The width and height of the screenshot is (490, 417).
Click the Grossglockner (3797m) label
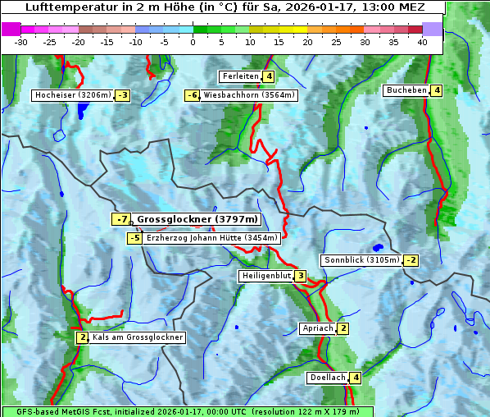pos(197,219)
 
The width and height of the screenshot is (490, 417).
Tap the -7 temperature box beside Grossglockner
pos(121,219)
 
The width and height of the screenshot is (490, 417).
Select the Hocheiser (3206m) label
pos(73,95)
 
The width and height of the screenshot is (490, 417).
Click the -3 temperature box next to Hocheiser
pos(122,95)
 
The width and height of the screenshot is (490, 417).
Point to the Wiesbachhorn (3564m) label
pos(249,95)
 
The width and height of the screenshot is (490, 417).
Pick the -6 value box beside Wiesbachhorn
pos(193,95)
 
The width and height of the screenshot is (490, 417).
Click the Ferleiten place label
pos(240,76)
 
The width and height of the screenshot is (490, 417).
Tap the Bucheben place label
pos(406,90)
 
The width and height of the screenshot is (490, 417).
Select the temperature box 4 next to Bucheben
pos(437,90)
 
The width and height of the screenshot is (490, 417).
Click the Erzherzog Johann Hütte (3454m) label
pos(212,238)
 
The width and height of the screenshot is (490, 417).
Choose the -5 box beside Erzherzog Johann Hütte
pos(134,238)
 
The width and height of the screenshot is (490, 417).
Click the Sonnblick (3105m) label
pos(361,260)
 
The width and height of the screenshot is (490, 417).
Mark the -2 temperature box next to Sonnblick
pos(411,260)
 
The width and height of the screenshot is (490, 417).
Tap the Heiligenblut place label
pos(266,276)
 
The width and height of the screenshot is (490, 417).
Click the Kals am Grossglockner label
pos(137,337)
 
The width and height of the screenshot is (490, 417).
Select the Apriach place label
pos(318,328)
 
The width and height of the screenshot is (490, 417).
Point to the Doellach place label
pos(328,378)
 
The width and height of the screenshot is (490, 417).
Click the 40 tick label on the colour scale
pos(421,42)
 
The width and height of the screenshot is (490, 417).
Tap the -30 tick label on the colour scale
pos(21,42)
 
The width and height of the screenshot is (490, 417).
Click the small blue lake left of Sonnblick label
pos(377,247)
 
